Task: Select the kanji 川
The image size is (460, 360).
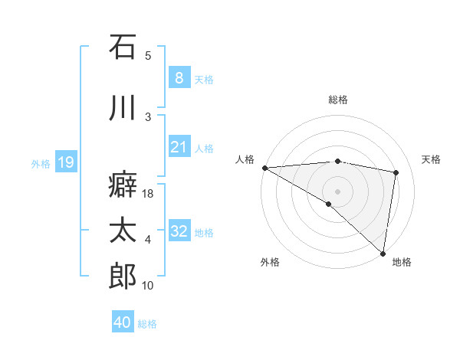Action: click(123, 108)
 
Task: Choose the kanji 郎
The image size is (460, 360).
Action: click(123, 276)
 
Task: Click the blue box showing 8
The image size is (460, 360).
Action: click(179, 77)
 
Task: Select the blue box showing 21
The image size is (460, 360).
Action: click(179, 146)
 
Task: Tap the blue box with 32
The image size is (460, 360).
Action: click(179, 231)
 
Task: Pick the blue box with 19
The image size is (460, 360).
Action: click(65, 162)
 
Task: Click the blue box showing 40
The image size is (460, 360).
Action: click(122, 322)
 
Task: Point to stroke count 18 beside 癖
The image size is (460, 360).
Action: click(149, 195)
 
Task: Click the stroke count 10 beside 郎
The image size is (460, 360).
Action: click(149, 286)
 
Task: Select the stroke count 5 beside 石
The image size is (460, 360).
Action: click(148, 56)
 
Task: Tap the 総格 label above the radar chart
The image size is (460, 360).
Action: click(338, 100)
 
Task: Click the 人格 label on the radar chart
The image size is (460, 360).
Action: click(245, 159)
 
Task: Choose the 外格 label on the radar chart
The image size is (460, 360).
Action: click(270, 262)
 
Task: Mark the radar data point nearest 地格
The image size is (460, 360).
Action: click(383, 253)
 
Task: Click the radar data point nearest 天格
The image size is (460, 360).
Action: click(396, 172)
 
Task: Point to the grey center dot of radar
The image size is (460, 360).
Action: click(337, 190)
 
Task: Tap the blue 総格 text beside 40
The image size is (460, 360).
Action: click(148, 324)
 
